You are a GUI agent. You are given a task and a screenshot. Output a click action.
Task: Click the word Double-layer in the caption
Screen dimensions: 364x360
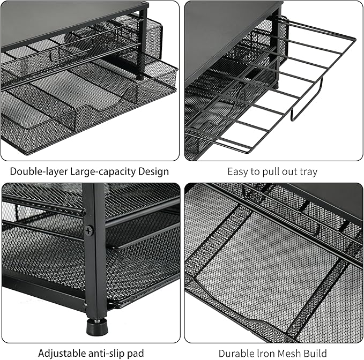tap(39, 172)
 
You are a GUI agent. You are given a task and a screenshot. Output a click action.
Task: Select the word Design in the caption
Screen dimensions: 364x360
tap(153, 172)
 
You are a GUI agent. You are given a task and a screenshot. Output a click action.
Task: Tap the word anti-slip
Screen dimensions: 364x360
tap(107, 354)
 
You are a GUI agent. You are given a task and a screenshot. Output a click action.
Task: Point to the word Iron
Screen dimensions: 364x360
tap(266, 354)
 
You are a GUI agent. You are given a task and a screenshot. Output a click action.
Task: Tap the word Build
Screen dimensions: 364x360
tap(315, 354)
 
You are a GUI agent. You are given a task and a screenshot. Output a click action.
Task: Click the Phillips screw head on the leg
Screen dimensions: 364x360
tap(89, 230)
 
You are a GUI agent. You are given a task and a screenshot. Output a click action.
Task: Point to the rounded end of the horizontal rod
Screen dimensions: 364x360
tap(81, 211)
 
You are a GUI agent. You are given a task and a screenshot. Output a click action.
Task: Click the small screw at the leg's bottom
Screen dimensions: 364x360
tap(86, 305)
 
